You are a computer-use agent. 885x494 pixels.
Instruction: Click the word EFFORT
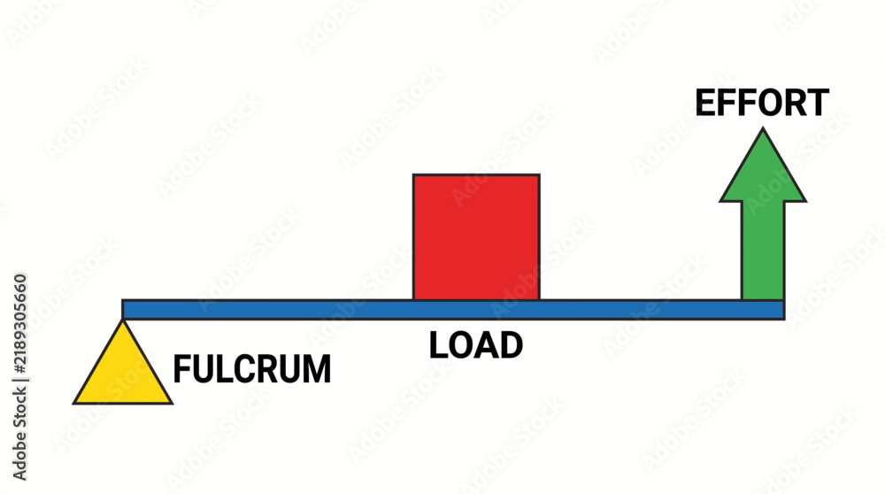pyautogui.click(x=762, y=103)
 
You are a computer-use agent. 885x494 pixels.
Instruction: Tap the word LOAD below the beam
pyautogui.click(x=476, y=345)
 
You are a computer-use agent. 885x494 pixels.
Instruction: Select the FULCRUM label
pyautogui.click(x=251, y=369)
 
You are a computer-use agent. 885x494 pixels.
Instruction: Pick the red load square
pyautogui.click(x=476, y=237)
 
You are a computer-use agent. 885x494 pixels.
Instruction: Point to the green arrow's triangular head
pyautogui.click(x=763, y=169)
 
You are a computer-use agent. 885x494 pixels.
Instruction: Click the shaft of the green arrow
pyautogui.click(x=763, y=251)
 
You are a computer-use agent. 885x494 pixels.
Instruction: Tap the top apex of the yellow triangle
pyautogui.click(x=122, y=320)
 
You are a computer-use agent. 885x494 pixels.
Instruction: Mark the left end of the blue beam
pyautogui.click(x=123, y=310)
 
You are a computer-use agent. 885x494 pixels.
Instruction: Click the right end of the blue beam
pyautogui.click(x=784, y=310)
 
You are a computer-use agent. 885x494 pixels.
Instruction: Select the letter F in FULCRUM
pyautogui.click(x=181, y=369)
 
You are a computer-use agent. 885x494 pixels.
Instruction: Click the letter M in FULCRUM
pyautogui.click(x=317, y=369)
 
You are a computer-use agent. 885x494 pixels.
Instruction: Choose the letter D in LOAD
pyautogui.click(x=512, y=345)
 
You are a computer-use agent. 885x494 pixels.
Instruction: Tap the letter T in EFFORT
pyautogui.click(x=817, y=103)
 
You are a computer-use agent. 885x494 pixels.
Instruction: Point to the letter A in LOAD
pyautogui.click(x=487, y=345)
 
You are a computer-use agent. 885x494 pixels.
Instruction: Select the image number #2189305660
pyautogui.click(x=19, y=323)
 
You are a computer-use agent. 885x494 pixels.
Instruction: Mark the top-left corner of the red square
pyautogui.click(x=413, y=175)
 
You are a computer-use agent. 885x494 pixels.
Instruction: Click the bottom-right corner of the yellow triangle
pyautogui.click(x=172, y=403)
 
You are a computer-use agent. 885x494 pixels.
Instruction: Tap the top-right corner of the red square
pyautogui.click(x=540, y=175)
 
